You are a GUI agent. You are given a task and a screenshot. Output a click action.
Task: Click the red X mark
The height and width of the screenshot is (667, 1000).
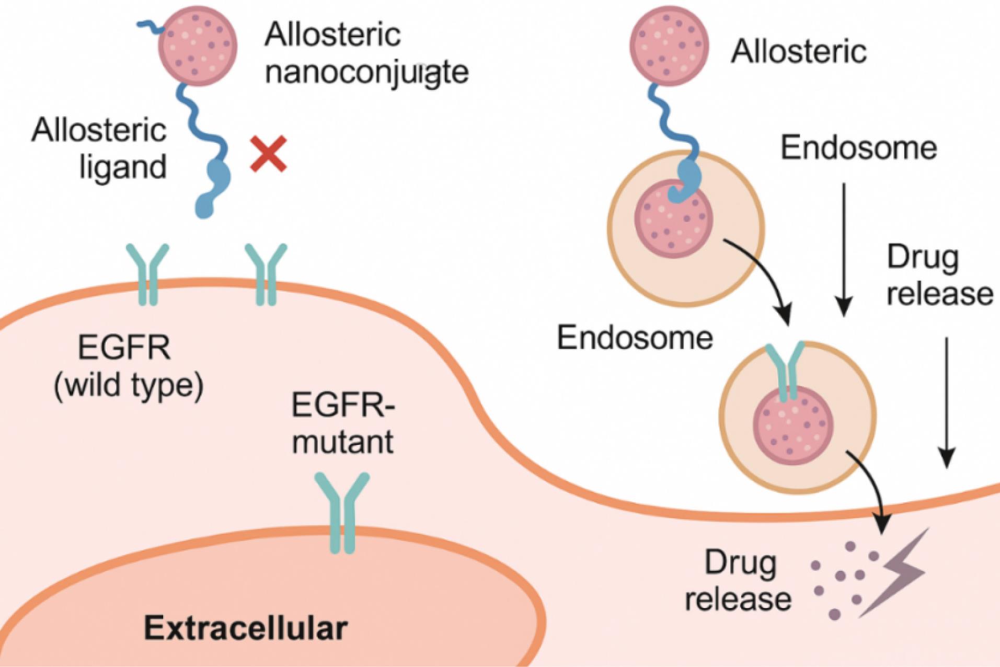pos(268,154)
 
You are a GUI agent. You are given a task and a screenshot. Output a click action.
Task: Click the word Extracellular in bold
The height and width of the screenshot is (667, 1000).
pos(246,627)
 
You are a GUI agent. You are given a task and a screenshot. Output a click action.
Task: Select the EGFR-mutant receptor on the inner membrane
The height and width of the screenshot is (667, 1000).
pos(342,512)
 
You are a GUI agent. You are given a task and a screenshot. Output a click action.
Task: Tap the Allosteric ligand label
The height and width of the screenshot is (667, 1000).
pos(99,149)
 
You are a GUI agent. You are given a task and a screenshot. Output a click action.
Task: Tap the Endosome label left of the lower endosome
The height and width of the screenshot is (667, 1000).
pos(635,338)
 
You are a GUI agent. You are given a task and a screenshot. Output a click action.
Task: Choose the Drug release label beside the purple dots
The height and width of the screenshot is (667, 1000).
pos(738,580)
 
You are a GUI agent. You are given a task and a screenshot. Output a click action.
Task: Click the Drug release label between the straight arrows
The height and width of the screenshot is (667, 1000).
pos(939,275)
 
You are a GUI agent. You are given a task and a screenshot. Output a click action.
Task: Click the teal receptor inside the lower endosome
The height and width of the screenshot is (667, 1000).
pos(786,371)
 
